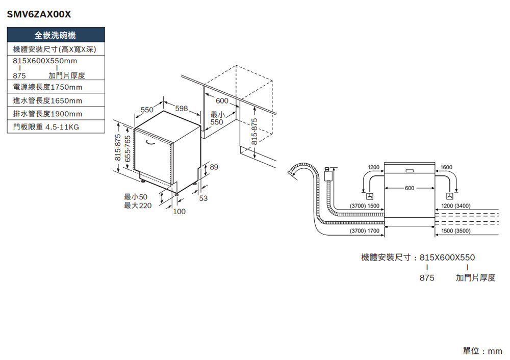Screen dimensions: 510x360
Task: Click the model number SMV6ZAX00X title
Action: [x=39, y=14]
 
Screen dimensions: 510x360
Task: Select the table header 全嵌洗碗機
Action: [x=56, y=35]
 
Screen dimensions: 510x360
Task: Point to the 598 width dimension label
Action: [x=182, y=108]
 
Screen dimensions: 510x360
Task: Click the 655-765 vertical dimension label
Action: [x=128, y=148]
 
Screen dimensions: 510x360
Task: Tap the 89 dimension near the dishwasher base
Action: [x=214, y=167]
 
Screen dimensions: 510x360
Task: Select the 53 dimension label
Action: [x=203, y=198]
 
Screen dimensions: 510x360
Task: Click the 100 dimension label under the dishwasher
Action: [x=179, y=212]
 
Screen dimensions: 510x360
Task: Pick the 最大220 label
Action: [x=138, y=205]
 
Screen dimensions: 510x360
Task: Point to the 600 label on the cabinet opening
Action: [x=222, y=101]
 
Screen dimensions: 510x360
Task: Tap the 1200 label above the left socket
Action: [x=373, y=167]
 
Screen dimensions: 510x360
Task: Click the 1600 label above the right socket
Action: [x=446, y=167]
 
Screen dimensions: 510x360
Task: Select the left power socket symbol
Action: [x=370, y=196]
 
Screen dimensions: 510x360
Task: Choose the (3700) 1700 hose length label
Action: [x=364, y=231]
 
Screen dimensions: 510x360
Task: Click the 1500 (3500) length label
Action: [x=455, y=231]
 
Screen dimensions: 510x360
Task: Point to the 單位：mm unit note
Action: [x=482, y=351]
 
